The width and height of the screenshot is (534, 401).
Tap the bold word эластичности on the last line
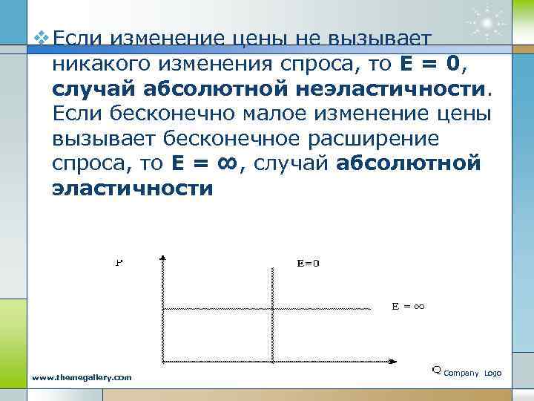coord(132,189)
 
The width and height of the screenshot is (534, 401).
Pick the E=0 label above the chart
coord(308,263)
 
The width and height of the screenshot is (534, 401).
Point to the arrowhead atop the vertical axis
coord(162,258)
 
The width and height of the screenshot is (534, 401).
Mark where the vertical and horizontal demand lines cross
coord(265,308)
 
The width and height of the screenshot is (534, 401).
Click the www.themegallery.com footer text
coord(82,377)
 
